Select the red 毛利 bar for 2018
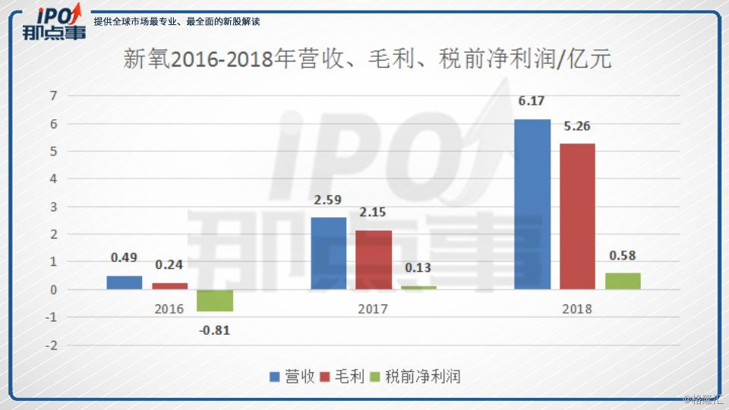tap(577, 216)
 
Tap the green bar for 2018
tap(623, 281)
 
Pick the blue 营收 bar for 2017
tap(328, 253)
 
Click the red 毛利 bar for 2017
tap(374, 259)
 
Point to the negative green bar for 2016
tap(215, 301)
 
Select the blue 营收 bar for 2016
tap(124, 282)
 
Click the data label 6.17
tap(532, 100)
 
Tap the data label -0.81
tap(214, 330)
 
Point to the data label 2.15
tap(374, 213)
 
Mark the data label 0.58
tap(623, 256)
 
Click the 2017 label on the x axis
tap(373, 309)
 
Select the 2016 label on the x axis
tap(169, 309)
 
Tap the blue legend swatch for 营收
tap(275, 377)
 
